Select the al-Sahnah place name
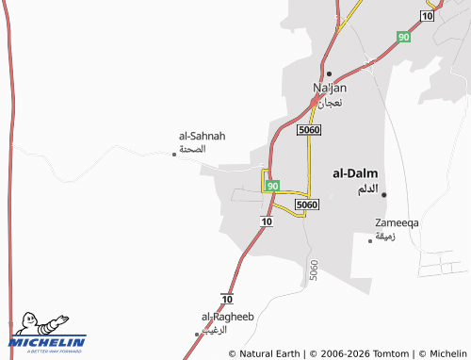(x=195, y=136)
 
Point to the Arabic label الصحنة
(x=192, y=149)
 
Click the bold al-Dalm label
(x=355, y=173)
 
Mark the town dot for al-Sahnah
(x=174, y=155)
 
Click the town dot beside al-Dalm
(x=384, y=194)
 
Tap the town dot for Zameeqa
(x=370, y=240)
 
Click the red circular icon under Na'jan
(x=315, y=102)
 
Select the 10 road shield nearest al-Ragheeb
(x=227, y=298)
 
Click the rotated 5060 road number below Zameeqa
(x=313, y=271)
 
